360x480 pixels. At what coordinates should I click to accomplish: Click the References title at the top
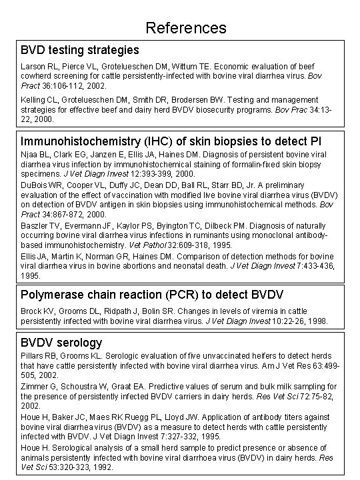[186, 28]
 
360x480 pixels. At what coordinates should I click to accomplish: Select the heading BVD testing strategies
[80, 50]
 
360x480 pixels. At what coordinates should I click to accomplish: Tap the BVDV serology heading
[61, 343]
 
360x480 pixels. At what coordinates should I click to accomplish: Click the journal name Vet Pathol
[177, 245]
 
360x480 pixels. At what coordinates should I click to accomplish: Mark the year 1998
[315, 321]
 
